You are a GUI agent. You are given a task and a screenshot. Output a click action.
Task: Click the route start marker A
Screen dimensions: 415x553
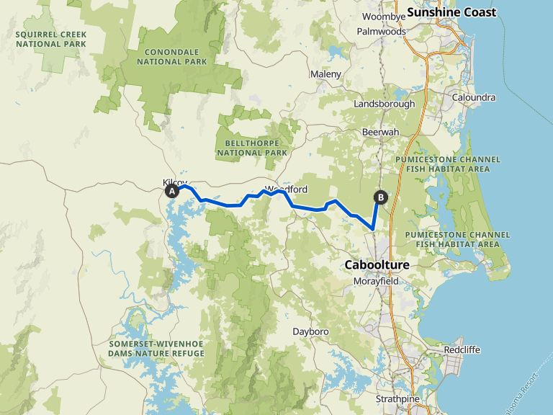pos(172,192)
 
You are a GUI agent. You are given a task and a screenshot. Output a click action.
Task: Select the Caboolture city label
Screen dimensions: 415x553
pos(377,265)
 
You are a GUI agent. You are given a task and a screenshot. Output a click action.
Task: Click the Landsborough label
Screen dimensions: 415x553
pos(385,104)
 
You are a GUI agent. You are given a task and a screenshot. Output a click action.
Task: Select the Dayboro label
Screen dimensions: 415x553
pos(310,331)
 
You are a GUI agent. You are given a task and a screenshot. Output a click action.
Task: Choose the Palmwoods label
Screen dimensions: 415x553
pos(382,32)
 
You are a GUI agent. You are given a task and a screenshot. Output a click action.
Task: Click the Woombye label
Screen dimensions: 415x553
pos(379,17)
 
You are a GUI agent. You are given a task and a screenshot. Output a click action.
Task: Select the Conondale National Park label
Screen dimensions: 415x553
pos(176,57)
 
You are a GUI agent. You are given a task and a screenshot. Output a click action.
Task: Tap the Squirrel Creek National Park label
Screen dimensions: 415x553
pos(51,39)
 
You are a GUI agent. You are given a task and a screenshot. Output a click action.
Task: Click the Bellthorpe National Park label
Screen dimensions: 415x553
pos(251,148)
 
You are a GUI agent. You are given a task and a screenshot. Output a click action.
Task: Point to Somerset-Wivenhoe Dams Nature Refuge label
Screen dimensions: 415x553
pos(157,349)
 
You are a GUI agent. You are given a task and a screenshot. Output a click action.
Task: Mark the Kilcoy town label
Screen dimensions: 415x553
pos(175,182)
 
